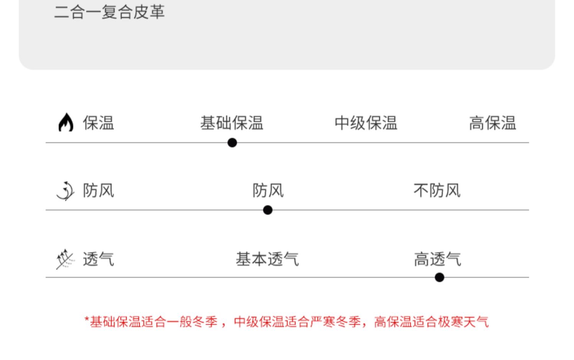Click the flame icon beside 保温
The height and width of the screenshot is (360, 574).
(66, 122)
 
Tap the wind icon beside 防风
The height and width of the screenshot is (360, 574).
(65, 191)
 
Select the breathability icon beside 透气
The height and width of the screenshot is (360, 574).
(65, 259)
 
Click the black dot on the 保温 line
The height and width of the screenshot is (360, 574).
(232, 143)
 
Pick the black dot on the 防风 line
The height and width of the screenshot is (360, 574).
(268, 210)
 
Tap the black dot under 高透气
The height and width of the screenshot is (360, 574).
(439, 277)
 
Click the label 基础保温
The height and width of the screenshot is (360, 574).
(232, 123)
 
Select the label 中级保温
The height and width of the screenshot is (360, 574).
(366, 123)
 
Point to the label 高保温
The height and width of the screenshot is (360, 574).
(492, 123)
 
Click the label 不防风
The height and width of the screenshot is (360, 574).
(437, 191)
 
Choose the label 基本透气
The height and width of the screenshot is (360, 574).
(267, 259)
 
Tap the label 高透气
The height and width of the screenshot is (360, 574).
(437, 259)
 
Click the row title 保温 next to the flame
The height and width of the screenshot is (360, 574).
(98, 123)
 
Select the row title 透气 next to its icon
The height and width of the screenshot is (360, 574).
(98, 259)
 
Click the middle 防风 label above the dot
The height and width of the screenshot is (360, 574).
(268, 191)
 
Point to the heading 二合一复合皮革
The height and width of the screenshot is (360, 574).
(109, 11)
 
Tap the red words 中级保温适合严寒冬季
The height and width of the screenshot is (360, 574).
(297, 322)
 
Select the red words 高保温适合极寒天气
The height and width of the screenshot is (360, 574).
(431, 322)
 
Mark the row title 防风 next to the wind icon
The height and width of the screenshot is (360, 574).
(98, 191)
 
